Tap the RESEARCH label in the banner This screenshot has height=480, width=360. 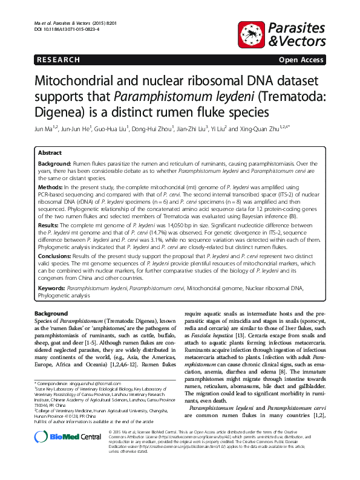click(59, 60)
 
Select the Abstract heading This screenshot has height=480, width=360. click(50, 154)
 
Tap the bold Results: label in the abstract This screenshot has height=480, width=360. click(51, 225)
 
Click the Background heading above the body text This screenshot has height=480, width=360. click(51, 314)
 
